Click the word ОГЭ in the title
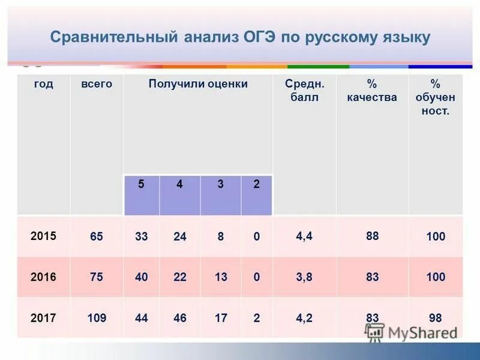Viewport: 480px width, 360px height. click(x=260, y=38)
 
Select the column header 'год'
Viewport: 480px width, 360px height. click(x=43, y=84)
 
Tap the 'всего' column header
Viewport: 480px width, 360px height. click(x=97, y=84)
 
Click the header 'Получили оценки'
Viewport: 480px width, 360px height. click(x=198, y=84)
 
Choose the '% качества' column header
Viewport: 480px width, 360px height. click(x=371, y=91)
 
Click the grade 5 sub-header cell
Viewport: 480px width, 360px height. click(x=141, y=185)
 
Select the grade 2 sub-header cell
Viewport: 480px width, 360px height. click(x=256, y=185)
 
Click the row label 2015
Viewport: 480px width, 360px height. click(x=43, y=236)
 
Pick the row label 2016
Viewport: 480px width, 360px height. click(x=43, y=277)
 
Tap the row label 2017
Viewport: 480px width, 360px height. click(x=43, y=317)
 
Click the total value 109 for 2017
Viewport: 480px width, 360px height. click(x=97, y=318)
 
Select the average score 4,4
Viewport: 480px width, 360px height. click(x=304, y=236)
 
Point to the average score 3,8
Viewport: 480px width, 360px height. click(x=304, y=277)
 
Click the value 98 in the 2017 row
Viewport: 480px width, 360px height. click(x=436, y=317)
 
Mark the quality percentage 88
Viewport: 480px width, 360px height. click(x=372, y=236)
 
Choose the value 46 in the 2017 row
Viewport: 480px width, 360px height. click(x=180, y=318)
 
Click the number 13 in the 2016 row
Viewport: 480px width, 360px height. click(x=221, y=277)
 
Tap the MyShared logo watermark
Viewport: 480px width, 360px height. click(x=412, y=332)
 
